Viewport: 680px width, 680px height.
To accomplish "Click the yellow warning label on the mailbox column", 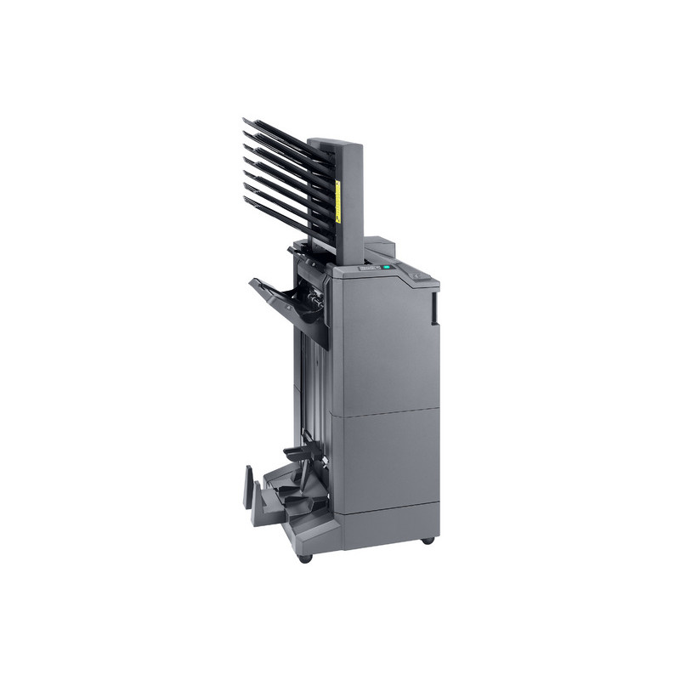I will coord(337,201).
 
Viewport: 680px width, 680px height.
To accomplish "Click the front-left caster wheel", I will coord(305,558).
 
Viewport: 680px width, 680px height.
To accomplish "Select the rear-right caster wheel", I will coord(428,540).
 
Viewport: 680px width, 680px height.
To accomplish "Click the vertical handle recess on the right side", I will coord(434,308).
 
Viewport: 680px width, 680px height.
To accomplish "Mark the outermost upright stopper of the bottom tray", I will coord(248,487).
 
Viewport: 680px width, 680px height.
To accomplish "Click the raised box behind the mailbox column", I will coord(382,246).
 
